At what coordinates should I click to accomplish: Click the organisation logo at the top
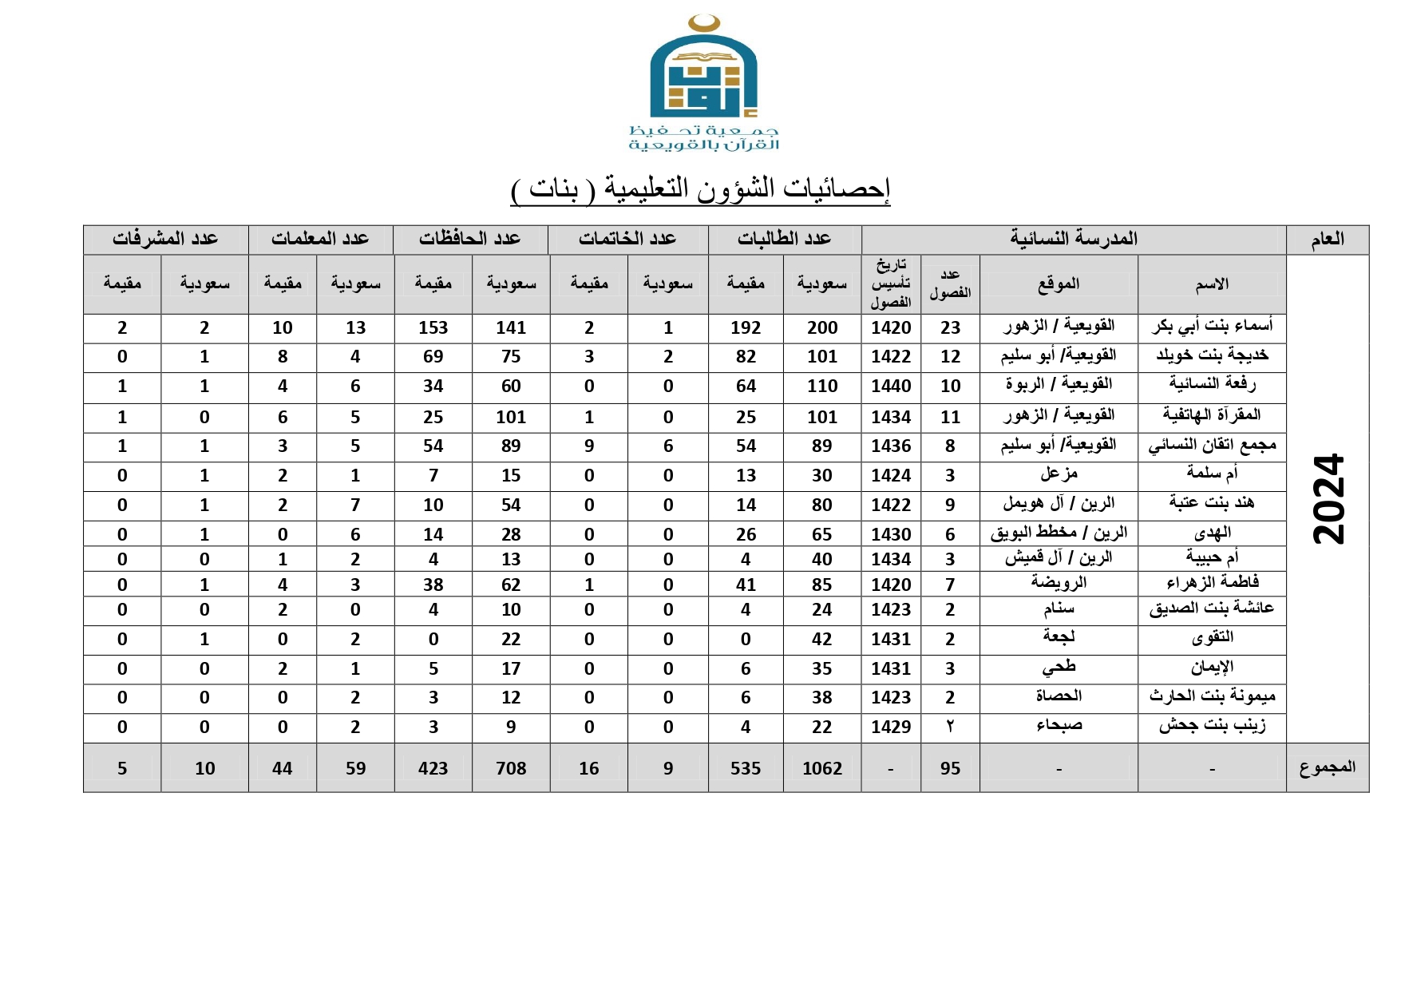pyautogui.click(x=703, y=83)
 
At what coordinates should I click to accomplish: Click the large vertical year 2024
pyautogui.click(x=1328, y=499)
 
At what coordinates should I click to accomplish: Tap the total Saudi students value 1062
pyautogui.click(x=821, y=768)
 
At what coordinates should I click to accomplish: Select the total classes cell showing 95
pyautogui.click(x=949, y=768)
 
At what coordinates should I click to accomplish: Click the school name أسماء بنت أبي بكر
pyautogui.click(x=1212, y=327)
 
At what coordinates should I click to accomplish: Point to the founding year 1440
pyautogui.click(x=890, y=386)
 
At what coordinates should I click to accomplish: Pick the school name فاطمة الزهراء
pyautogui.click(x=1212, y=584)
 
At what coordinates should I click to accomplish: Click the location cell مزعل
pyautogui.click(x=1059, y=474)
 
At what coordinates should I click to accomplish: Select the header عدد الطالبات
pyautogui.click(x=784, y=239)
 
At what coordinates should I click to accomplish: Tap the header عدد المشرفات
pyautogui.click(x=165, y=239)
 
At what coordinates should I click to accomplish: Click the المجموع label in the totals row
pyautogui.click(x=1327, y=767)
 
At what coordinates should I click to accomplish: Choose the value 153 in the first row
pyautogui.click(x=433, y=327)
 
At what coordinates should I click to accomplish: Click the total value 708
pyautogui.click(x=510, y=768)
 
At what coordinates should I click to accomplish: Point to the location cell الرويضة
pyautogui.click(x=1059, y=583)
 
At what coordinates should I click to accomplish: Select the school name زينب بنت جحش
pyautogui.click(x=1212, y=726)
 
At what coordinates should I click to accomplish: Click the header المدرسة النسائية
pyautogui.click(x=1073, y=239)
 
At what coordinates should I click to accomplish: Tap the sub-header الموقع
pyautogui.click(x=1059, y=283)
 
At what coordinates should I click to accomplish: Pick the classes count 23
pyautogui.click(x=950, y=327)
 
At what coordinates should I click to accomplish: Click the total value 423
pyautogui.click(x=433, y=768)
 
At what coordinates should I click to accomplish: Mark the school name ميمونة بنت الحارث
pyautogui.click(x=1212, y=697)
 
